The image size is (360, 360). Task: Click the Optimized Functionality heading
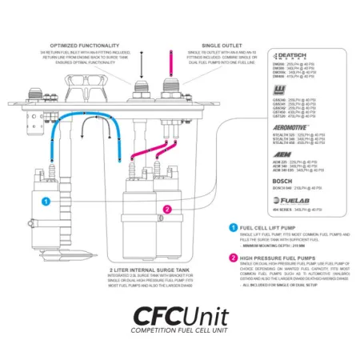(x=86, y=46)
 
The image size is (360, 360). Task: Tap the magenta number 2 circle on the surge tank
(x=167, y=210)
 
